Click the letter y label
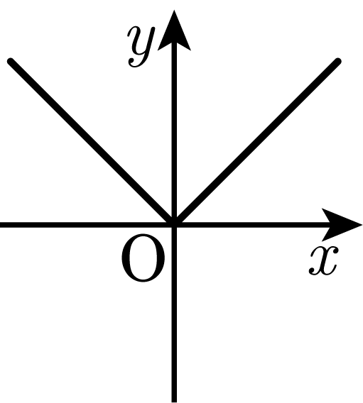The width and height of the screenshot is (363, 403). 141,47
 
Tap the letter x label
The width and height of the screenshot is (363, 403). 323,260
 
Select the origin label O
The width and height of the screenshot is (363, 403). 143,258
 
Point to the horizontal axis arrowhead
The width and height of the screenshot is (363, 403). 340,225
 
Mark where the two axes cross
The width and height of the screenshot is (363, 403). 174,225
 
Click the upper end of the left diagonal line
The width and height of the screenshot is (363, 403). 11,62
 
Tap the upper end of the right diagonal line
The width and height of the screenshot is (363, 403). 338,62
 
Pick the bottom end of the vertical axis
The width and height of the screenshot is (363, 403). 174,402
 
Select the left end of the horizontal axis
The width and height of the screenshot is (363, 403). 1,225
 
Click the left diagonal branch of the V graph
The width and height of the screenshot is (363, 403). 92,143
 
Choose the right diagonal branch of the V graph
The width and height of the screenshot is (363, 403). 256,143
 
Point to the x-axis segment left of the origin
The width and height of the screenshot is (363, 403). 86,225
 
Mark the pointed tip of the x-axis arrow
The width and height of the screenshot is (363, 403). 362,225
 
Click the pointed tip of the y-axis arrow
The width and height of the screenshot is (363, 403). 174,11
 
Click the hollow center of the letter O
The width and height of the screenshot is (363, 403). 143,258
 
